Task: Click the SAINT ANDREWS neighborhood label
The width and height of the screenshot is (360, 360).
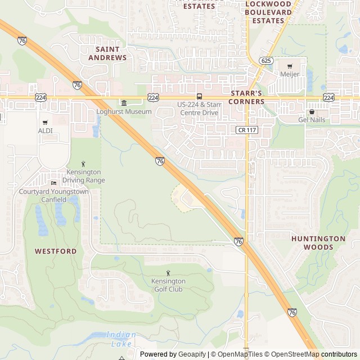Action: coord(107,53)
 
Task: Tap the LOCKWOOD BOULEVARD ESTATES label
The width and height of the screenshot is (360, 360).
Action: coord(268,12)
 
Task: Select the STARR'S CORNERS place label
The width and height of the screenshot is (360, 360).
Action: coord(247,97)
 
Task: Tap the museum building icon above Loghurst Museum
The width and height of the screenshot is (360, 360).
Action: coord(124,102)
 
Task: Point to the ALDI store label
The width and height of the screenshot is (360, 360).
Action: coord(46,130)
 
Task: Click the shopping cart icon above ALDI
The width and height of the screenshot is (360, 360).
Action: coord(46,122)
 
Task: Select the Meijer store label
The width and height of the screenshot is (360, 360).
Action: coord(289,74)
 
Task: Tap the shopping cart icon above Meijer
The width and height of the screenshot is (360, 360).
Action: coord(290,66)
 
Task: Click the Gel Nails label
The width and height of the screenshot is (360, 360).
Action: coord(312,120)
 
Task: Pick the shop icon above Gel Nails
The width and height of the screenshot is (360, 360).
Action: coord(312,111)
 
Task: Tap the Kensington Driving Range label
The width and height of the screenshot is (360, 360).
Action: coord(83,175)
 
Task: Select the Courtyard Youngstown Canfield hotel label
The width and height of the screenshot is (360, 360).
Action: coord(53,195)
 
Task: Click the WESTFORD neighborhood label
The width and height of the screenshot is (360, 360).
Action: coord(56,251)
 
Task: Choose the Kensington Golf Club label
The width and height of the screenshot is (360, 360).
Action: coord(168,285)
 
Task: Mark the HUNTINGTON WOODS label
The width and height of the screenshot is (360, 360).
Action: coord(318,242)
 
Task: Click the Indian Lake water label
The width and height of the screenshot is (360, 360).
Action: coord(120,339)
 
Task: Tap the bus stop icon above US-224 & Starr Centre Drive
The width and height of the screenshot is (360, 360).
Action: coord(199,97)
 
